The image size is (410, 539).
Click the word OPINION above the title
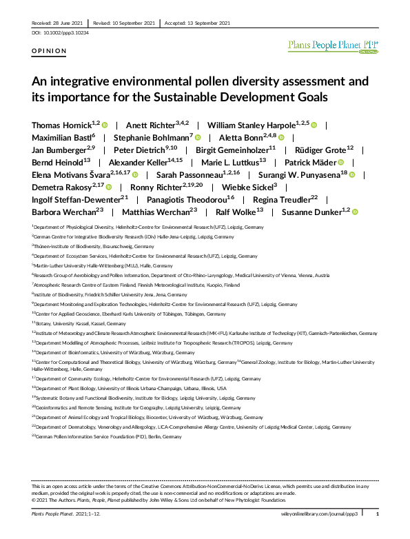click(50, 51)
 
